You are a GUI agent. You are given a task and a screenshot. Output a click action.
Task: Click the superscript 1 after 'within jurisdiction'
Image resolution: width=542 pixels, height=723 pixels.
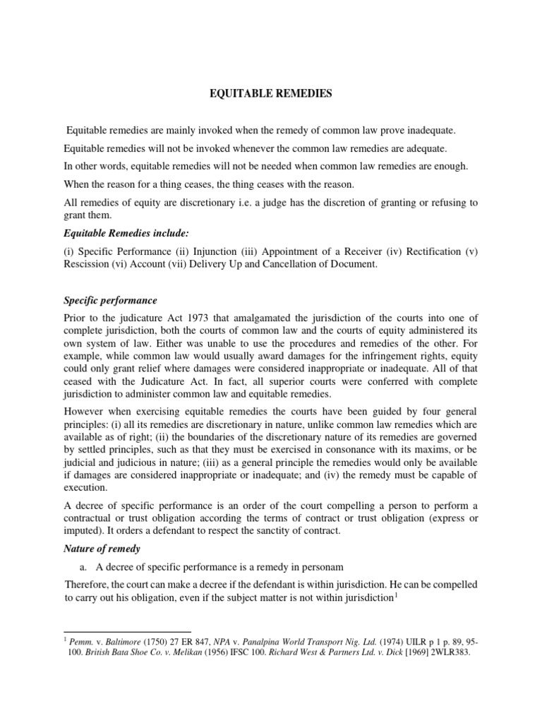coord(397,594)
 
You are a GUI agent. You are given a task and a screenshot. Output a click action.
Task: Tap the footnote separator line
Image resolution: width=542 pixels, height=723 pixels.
coord(127,631)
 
